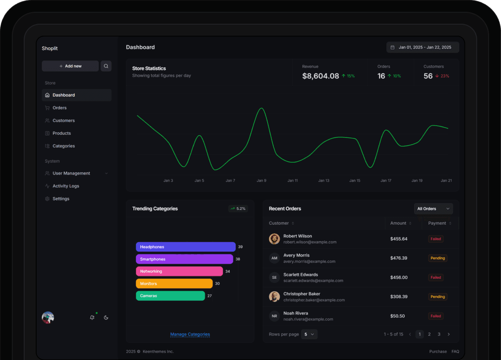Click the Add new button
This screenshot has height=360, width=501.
70,66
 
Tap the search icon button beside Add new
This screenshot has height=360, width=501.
106,66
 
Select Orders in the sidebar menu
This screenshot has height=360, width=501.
59,108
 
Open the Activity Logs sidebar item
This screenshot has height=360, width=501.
66,186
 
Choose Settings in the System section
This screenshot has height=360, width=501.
61,199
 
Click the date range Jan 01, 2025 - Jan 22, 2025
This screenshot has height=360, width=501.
423,47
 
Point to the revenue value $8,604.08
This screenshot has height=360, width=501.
320,76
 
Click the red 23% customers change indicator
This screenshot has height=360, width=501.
442,76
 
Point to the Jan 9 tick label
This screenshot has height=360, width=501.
261,180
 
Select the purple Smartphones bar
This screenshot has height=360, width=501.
184,259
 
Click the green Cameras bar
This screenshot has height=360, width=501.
170,296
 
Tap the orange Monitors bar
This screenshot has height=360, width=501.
174,284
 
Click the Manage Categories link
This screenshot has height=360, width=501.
190,334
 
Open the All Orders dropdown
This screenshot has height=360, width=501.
433,208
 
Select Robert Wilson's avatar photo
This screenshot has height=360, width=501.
274,239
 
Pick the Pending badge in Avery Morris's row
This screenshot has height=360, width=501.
438,258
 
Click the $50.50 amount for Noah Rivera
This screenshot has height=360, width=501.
397,316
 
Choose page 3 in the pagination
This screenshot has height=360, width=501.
439,334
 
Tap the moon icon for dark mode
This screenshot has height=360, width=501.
106,317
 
